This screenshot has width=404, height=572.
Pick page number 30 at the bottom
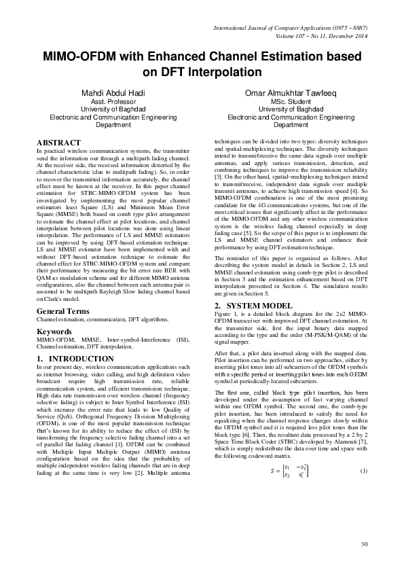click(x=364, y=544)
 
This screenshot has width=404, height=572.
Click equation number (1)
click(x=363, y=490)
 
